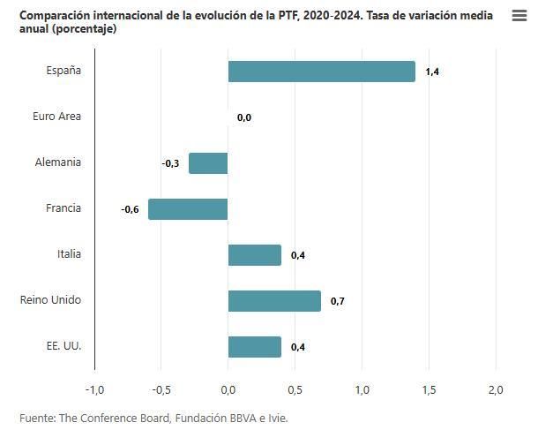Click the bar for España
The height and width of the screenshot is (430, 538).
click(x=321, y=72)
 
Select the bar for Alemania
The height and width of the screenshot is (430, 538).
click(x=208, y=163)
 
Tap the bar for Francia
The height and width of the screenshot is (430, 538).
click(x=188, y=209)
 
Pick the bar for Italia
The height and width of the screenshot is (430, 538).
click(x=254, y=255)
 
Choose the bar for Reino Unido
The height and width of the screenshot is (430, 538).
click(x=274, y=301)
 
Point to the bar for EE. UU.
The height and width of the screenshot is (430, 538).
click(x=254, y=347)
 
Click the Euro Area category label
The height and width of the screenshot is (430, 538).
click(x=56, y=117)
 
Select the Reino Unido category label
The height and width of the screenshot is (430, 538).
click(x=50, y=300)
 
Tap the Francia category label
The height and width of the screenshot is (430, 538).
click(x=64, y=208)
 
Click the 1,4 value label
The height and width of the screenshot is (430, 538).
click(x=432, y=72)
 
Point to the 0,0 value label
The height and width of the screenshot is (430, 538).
click(x=244, y=117)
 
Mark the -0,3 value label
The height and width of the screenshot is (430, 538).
click(x=170, y=163)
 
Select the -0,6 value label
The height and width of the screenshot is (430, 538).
click(x=130, y=209)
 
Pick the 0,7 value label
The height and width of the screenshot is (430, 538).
click(x=338, y=302)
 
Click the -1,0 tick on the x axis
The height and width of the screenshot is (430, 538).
click(x=94, y=390)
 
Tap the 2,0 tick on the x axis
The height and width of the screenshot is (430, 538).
click(x=496, y=390)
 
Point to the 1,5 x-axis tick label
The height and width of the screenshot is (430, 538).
click(x=429, y=390)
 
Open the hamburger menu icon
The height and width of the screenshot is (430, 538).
click(x=519, y=16)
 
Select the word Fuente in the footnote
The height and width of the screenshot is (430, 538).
click(x=36, y=418)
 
